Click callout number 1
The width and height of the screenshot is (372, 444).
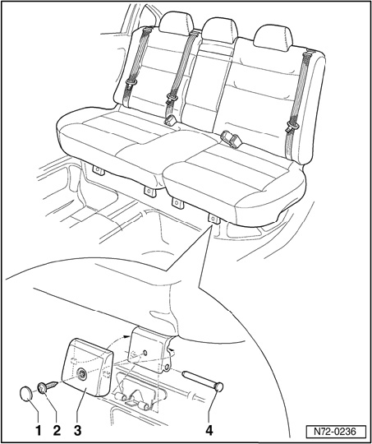tap(39, 431)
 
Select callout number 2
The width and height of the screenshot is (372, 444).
tap(57, 431)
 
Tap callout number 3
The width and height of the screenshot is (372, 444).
tap(77, 431)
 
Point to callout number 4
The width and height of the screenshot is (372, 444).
tap(209, 431)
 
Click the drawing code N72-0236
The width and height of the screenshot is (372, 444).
tap(335, 432)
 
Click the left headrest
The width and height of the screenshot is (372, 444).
tap(176, 23)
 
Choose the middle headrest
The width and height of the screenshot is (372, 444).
tap(219, 30)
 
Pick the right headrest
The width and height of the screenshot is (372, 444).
tap(273, 38)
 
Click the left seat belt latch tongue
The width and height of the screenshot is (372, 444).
tap(131, 83)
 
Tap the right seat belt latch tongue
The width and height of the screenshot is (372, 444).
tap(292, 127)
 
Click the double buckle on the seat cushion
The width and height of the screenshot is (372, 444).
tap(232, 138)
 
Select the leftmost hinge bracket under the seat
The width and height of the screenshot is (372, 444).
tap(99, 170)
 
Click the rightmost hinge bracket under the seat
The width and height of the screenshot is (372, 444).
tap(214, 219)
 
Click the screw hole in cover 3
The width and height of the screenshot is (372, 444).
tap(82, 375)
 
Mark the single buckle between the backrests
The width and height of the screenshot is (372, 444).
tap(170, 120)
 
